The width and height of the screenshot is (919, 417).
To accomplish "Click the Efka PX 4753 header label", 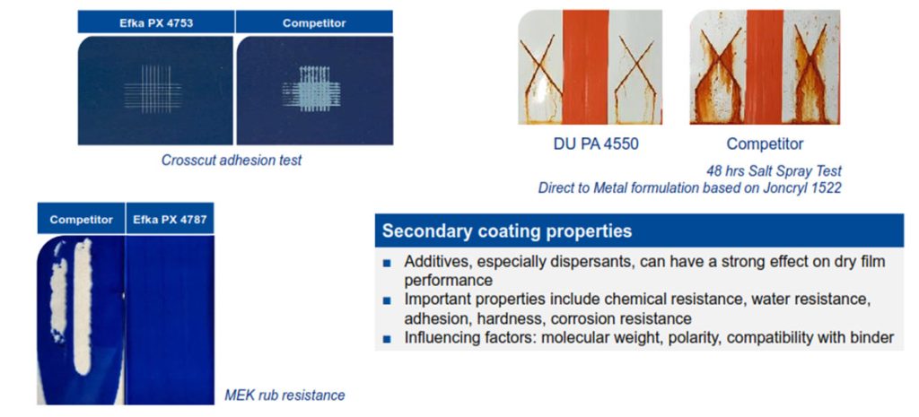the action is (156, 23).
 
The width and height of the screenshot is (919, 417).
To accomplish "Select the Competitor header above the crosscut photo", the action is (314, 23).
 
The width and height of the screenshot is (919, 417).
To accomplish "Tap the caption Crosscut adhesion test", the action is (232, 160).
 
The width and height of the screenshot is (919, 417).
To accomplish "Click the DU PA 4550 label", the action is (596, 143).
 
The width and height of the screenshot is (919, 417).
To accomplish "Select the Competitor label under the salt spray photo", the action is (765, 143).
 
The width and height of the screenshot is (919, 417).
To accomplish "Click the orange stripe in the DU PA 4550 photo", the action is (586, 66).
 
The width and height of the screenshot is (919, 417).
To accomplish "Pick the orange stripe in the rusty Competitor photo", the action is (765, 66).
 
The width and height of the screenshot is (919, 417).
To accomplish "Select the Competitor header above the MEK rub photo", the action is (82, 221).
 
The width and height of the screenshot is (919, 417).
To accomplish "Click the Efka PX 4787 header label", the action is (170, 221).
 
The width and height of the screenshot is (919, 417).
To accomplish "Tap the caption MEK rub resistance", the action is (284, 395).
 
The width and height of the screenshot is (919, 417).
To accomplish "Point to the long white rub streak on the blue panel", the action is (83, 306).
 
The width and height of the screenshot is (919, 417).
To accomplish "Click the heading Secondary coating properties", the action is (507, 230).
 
